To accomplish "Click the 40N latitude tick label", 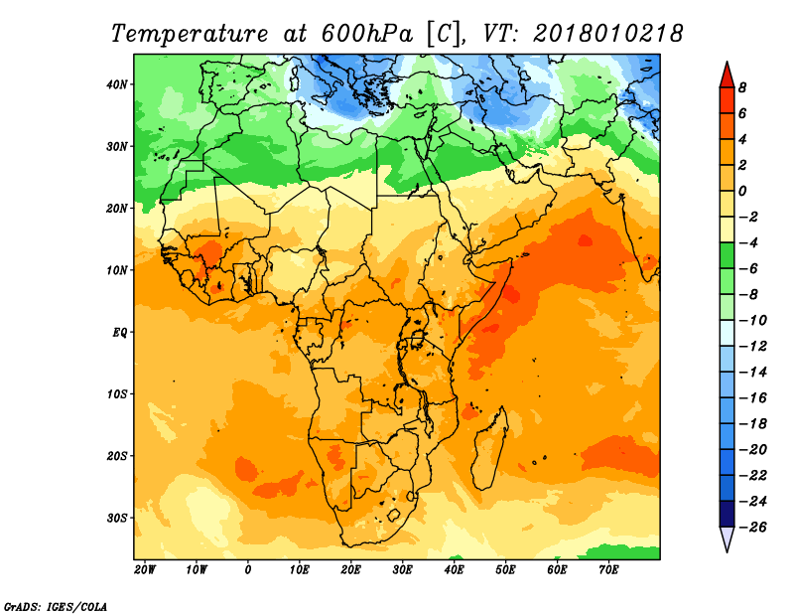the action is pos(116,84).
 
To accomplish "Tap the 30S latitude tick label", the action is pos(116,519).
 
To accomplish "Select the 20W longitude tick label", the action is pos(144,570).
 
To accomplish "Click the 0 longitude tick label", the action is pos(247,570).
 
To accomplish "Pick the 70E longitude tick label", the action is pos(608,570).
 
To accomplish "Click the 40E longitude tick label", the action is pos(454,570).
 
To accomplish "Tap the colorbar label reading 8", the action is pos(742,87).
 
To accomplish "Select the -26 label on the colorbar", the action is pos(752,527).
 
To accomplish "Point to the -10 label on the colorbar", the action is pos(752,321).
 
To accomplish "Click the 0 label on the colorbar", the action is pos(742,191).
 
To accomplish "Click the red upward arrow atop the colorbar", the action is pos(727,76).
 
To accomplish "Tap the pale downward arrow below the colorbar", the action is pos(727,539).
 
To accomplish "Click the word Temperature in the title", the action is pos(190,34).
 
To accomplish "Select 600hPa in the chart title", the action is pos(366,34).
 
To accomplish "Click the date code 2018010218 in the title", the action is pos(608,34).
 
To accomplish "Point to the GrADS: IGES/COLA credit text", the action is pos(56,606).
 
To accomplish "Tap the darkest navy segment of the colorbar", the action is pos(727,514).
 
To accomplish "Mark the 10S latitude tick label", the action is pos(116,394).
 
